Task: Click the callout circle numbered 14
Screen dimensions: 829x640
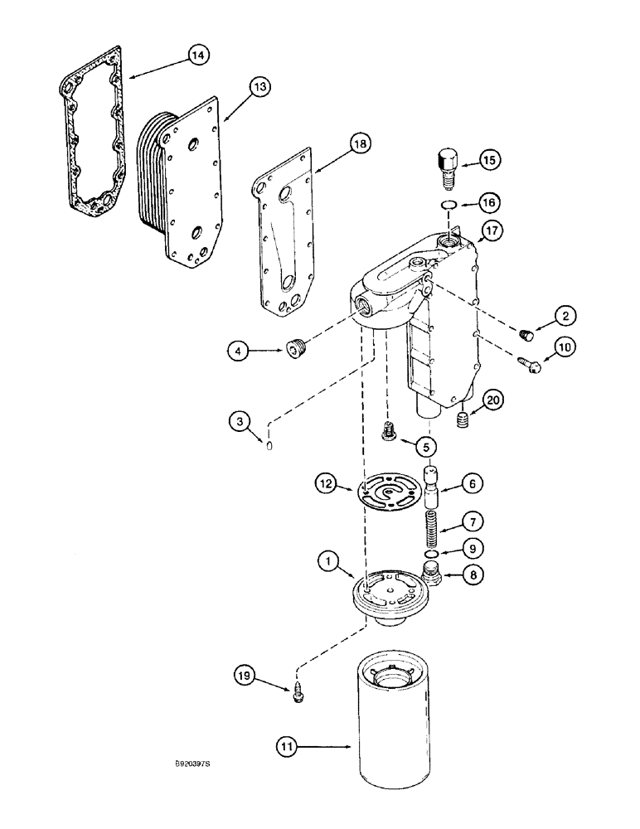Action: tap(196, 56)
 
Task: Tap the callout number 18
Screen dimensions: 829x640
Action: tap(337, 143)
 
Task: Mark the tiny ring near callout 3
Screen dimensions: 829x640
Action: tap(269, 448)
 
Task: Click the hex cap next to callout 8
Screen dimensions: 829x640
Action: tap(431, 573)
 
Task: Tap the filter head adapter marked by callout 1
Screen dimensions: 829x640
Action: tap(388, 594)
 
